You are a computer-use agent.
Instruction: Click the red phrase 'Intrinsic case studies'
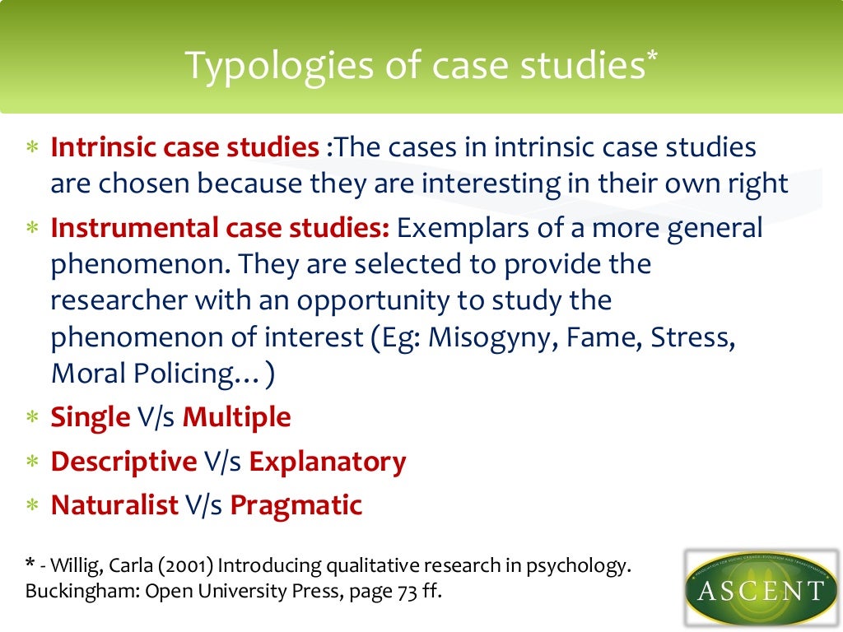184,148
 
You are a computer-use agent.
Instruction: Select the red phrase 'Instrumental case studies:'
220,228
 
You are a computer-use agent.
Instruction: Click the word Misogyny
491,337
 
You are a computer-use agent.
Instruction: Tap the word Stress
688,337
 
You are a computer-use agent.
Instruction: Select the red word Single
91,417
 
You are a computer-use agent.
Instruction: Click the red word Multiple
236,417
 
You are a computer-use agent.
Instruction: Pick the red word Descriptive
123,462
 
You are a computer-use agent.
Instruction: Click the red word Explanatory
327,462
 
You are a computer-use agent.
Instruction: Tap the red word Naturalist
114,505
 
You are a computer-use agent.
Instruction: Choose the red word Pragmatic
296,505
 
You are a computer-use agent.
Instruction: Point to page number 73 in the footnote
403,592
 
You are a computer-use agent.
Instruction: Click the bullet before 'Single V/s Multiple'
32,418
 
